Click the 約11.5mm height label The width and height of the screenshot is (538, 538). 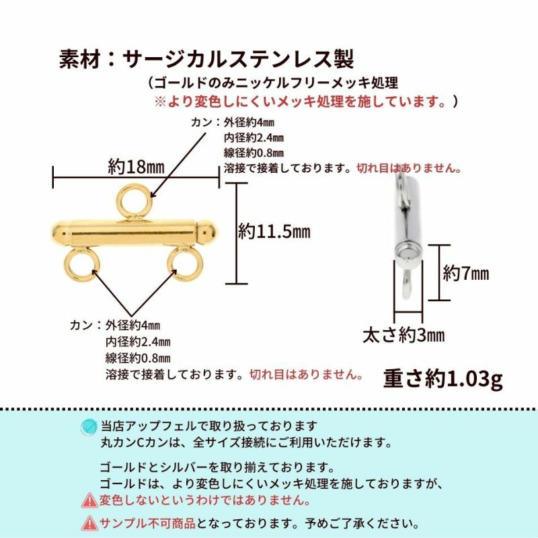pos(274,232)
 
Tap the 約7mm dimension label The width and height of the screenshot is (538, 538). pos(465,273)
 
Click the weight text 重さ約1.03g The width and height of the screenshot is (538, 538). pos(443,379)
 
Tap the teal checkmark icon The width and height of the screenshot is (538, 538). pos(89,427)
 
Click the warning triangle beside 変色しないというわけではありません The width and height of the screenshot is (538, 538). pos(89,500)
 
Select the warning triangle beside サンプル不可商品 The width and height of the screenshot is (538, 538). pos(89,523)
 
